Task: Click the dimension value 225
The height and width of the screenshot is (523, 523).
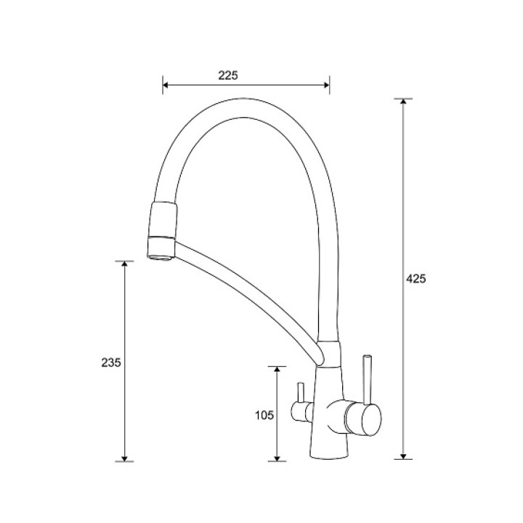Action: coord(228,76)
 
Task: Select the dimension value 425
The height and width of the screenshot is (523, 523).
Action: coord(416,278)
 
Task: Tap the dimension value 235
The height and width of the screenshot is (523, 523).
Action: coord(111,362)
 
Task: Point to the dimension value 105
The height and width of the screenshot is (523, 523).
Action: coord(264,415)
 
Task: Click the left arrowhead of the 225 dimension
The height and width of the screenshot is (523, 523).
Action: coord(166,85)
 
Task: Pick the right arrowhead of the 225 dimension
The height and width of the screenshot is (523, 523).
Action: coord(326,85)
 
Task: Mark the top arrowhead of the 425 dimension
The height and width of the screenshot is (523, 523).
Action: coord(403,102)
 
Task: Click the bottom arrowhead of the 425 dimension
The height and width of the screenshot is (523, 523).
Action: coord(403,456)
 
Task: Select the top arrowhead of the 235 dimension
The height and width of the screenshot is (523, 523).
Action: coord(124,264)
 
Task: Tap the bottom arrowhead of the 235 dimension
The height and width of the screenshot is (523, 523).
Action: coord(124,458)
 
